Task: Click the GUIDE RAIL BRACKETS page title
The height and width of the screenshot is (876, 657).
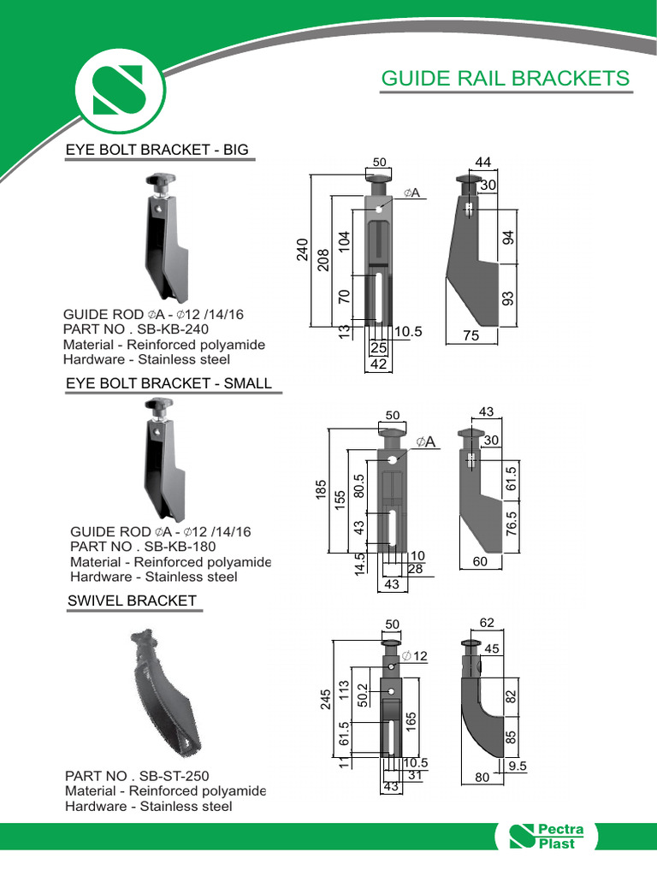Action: (505, 79)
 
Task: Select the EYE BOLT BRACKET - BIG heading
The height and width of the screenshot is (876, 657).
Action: (157, 150)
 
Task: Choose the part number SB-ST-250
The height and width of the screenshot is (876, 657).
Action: (137, 776)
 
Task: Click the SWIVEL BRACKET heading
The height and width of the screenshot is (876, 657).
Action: (132, 601)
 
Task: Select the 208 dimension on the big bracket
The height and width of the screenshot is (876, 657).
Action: (323, 260)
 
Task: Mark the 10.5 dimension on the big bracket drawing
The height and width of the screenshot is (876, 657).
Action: (409, 332)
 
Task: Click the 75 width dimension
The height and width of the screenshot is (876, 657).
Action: (471, 336)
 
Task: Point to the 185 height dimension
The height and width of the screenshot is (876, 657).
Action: (322, 492)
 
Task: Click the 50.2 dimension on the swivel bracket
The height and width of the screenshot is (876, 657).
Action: (362, 695)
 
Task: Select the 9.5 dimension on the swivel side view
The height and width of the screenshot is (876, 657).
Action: (517, 766)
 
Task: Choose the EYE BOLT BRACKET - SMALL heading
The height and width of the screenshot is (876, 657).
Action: (169, 383)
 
